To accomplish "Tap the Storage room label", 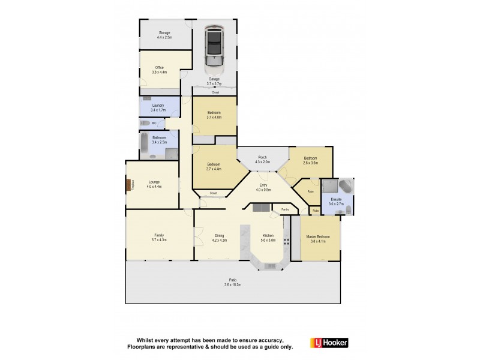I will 164,32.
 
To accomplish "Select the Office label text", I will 160,67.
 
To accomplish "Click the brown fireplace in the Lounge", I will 128,185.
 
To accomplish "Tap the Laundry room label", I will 158,105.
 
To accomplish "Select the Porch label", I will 263,157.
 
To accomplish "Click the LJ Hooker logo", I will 329,343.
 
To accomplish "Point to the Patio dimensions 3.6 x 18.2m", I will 232,285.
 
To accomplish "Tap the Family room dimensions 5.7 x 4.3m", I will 159,240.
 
